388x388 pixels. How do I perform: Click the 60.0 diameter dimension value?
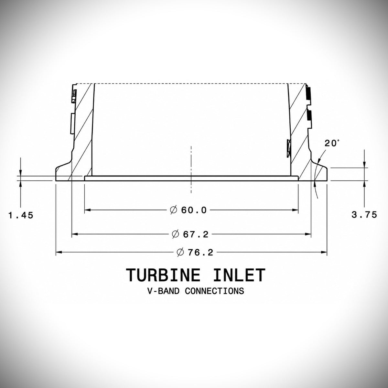pos(194,210)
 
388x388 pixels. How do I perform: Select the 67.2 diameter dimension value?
pos(196,234)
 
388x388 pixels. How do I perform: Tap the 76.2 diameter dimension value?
pos(200,253)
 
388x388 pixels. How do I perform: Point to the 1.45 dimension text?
pos(21,216)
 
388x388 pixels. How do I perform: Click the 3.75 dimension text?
pos(364,215)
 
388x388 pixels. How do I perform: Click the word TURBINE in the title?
pos(163,275)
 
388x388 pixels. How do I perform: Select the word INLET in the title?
pos(239,275)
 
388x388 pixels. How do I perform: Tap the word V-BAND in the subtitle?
pos(163,291)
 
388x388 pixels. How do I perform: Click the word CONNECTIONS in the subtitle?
pos(214,291)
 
